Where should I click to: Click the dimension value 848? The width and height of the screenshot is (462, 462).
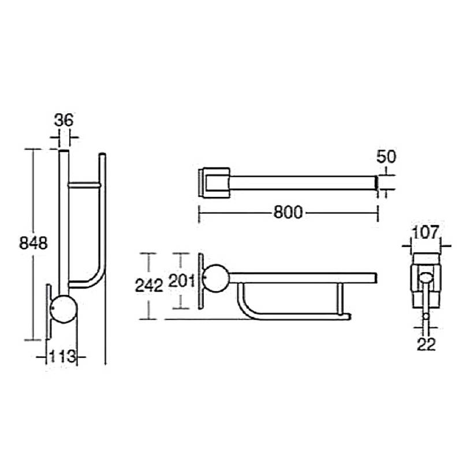coord(33,244)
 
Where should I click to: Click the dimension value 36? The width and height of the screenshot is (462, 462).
coord(64,120)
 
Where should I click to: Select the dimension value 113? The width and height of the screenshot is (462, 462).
coord(62,356)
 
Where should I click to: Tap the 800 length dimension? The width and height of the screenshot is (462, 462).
coord(288,212)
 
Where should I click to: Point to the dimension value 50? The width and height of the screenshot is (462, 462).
coord(386,157)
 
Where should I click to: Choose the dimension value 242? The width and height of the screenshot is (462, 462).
coord(149,285)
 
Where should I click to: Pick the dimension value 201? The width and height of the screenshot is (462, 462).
coord(181,281)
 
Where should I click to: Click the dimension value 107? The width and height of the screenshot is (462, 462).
coord(426,233)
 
